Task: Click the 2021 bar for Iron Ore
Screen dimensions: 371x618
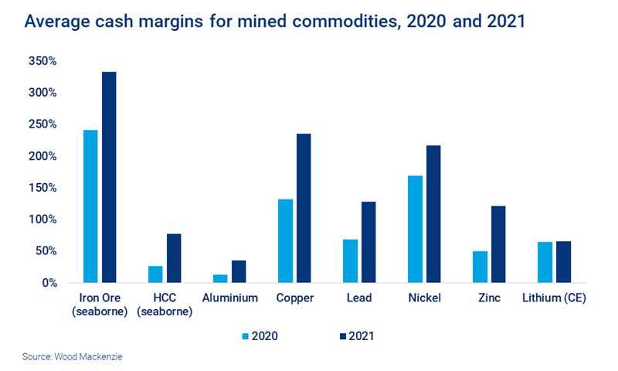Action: (x=110, y=178)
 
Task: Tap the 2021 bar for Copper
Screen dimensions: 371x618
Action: (x=304, y=209)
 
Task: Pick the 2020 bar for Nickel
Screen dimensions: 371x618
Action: (x=415, y=230)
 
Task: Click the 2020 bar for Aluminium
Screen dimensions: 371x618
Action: (x=220, y=278)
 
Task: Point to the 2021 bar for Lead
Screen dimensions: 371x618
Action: (x=368, y=242)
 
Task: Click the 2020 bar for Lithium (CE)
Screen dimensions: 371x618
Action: (x=545, y=263)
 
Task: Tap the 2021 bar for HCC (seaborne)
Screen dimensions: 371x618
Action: (x=175, y=258)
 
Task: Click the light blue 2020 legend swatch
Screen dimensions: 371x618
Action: (x=247, y=336)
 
